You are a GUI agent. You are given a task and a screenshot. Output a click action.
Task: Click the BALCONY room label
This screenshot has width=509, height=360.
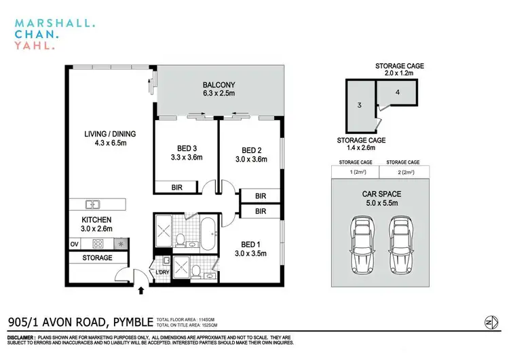pyautogui.click(x=219, y=86)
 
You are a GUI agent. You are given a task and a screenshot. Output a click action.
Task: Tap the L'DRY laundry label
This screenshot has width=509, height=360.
pyautogui.click(x=163, y=272)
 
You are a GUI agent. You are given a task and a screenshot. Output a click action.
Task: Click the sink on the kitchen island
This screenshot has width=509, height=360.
pyautogui.click(x=93, y=204)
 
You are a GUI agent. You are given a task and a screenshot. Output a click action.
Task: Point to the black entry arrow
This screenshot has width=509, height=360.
pyautogui.click(x=141, y=291)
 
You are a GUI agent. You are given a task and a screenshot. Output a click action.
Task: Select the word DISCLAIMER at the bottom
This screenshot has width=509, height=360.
pyautogui.click(x=24, y=338)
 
